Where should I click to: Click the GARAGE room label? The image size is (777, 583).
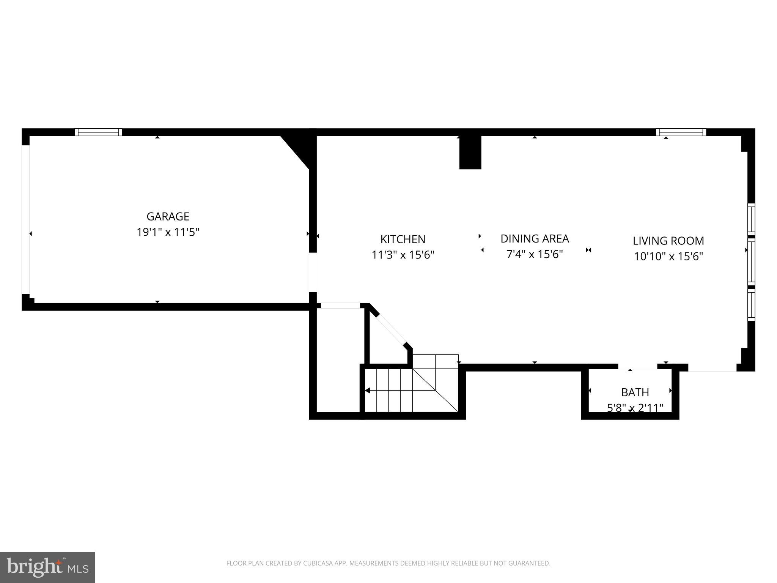(168, 216)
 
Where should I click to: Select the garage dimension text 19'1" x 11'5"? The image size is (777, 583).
(168, 232)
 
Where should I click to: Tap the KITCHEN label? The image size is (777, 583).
(403, 239)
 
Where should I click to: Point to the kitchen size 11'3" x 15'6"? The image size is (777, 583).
(403, 255)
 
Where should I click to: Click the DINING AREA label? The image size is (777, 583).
(535, 239)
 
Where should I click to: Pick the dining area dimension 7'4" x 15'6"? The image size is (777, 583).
(535, 254)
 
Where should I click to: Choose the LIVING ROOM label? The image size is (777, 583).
(668, 241)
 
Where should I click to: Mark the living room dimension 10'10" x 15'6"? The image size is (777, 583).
(668, 257)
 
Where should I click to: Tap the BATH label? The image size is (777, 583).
(635, 392)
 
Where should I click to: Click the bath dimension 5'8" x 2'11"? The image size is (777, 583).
(635, 408)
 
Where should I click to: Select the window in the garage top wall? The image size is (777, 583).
(98, 132)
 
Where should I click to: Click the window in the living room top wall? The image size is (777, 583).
(681, 132)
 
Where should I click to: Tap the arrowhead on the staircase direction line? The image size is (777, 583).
(368, 390)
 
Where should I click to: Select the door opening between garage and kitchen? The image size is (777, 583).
(313, 272)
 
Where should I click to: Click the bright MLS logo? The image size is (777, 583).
(47, 567)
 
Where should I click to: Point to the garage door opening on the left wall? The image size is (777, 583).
(25, 219)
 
